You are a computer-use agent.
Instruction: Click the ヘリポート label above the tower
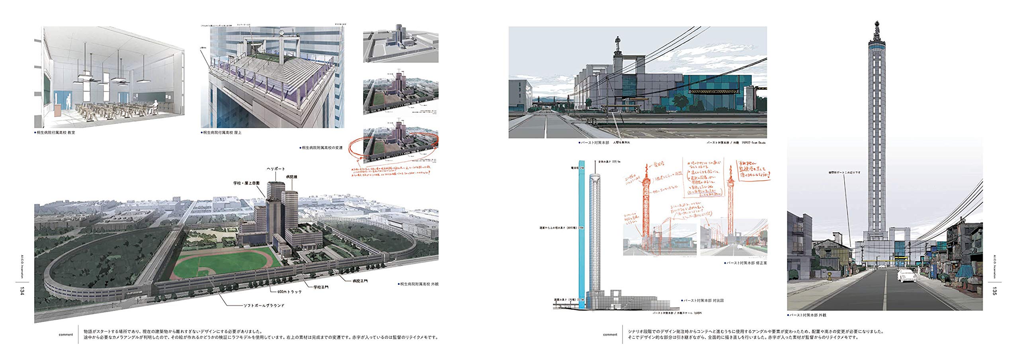[x=276, y=169]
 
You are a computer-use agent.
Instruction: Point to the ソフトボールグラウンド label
[x=264, y=305]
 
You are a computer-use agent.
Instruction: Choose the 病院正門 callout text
[x=359, y=281]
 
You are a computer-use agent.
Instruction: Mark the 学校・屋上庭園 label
[x=246, y=183]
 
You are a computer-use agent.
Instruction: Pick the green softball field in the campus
[x=223, y=263]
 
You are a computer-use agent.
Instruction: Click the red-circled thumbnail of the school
[x=400, y=143]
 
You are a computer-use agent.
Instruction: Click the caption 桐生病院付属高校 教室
[x=56, y=133]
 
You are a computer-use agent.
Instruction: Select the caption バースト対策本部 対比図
[x=704, y=301]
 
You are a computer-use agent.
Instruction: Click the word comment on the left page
[x=66, y=335]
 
